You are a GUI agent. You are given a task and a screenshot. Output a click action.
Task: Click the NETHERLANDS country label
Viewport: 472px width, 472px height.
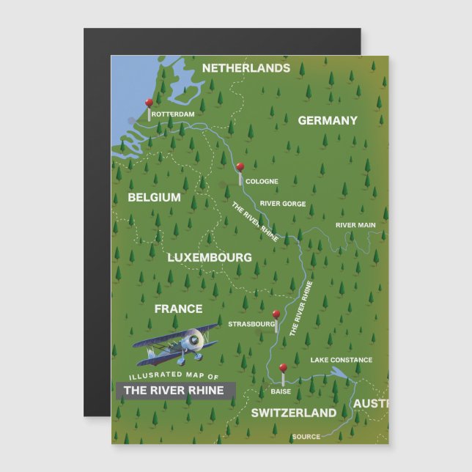pyautogui.click(x=246, y=68)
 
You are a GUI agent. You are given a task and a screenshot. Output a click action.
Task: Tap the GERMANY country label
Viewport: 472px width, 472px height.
pyautogui.click(x=328, y=121)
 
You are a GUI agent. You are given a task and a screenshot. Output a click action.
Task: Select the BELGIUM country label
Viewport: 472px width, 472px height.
pyautogui.click(x=154, y=197)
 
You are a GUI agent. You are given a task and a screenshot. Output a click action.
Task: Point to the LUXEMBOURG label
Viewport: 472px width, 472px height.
pyautogui.click(x=210, y=257)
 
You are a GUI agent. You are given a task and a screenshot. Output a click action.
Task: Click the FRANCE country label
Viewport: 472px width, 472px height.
pyautogui.click(x=178, y=309)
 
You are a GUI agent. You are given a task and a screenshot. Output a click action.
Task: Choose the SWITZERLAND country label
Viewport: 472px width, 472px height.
pyautogui.click(x=294, y=413)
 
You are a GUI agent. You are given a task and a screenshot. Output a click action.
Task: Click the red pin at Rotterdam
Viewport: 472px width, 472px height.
pyautogui.click(x=149, y=103)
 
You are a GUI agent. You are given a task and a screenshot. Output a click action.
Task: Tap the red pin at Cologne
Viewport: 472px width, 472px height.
pyautogui.click(x=240, y=167)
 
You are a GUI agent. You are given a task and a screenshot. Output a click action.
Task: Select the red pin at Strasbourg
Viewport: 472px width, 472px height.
pyautogui.click(x=276, y=314)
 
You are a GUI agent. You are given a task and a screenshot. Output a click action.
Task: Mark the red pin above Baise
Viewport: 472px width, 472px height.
pyautogui.click(x=283, y=368)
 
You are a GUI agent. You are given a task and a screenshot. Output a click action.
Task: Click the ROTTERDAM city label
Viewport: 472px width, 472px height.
pyautogui.click(x=174, y=114)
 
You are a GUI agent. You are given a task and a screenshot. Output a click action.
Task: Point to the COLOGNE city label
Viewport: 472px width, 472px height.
pyautogui.click(x=262, y=181)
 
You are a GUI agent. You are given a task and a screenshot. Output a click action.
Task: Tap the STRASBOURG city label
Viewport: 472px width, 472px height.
pyautogui.click(x=251, y=323)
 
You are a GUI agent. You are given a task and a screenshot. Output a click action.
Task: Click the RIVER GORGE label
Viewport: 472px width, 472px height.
pyautogui.click(x=283, y=204)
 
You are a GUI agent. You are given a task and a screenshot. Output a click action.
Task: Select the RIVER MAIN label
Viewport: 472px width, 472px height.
pyautogui.click(x=355, y=225)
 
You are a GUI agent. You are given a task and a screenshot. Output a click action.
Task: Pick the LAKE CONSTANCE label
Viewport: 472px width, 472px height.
pyautogui.click(x=341, y=360)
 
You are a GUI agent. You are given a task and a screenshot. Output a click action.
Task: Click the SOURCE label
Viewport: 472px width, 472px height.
pyautogui.click(x=306, y=437)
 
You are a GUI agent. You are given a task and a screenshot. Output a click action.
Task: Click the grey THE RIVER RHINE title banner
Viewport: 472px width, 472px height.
pyautogui.click(x=174, y=391)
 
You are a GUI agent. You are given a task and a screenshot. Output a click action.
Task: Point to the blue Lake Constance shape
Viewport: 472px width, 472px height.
pyautogui.click(x=339, y=373)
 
